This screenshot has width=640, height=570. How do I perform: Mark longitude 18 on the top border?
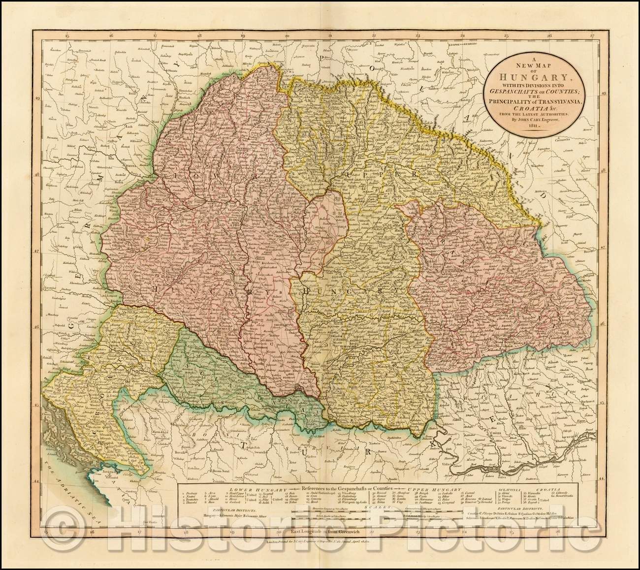click(199, 34)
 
